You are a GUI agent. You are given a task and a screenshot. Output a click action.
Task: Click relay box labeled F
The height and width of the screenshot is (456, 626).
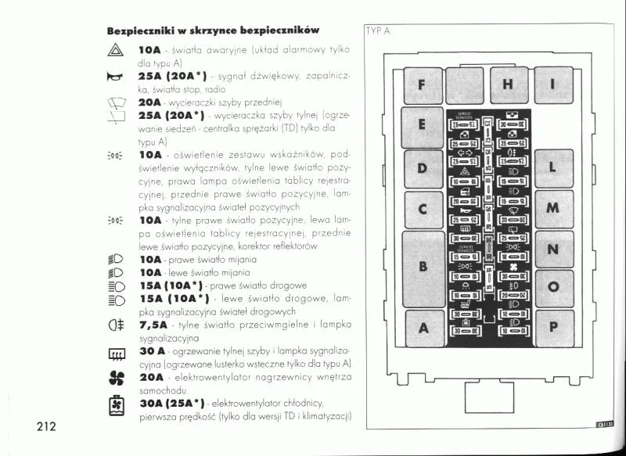423,84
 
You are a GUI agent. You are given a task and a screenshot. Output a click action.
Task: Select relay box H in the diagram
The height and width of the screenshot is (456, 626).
509,84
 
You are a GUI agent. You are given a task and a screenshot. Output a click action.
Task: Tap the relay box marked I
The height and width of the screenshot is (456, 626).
553,84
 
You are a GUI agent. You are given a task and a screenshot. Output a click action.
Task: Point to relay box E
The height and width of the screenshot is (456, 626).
423,127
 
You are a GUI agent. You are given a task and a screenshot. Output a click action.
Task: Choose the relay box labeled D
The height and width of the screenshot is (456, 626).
423,168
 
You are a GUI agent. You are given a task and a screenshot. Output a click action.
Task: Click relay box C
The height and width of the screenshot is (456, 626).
423,210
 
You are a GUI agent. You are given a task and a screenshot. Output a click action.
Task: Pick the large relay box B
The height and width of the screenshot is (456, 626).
423,267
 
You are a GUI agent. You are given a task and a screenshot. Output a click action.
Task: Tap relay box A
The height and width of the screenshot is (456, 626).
423,327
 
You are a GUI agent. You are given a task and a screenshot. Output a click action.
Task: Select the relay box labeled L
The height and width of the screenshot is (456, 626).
553,168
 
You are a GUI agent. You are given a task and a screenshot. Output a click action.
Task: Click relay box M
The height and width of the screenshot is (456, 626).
553,208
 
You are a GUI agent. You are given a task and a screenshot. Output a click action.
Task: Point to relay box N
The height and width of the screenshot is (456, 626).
553,249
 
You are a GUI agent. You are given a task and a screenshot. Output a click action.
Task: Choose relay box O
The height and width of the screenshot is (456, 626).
553,287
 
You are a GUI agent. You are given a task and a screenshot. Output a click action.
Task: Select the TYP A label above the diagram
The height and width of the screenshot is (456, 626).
377,32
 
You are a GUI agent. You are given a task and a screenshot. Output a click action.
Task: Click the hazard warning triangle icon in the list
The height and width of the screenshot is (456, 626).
114,51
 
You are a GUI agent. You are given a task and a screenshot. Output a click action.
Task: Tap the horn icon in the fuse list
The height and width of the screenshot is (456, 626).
114,77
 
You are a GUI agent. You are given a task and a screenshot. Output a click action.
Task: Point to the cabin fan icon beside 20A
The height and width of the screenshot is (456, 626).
114,377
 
